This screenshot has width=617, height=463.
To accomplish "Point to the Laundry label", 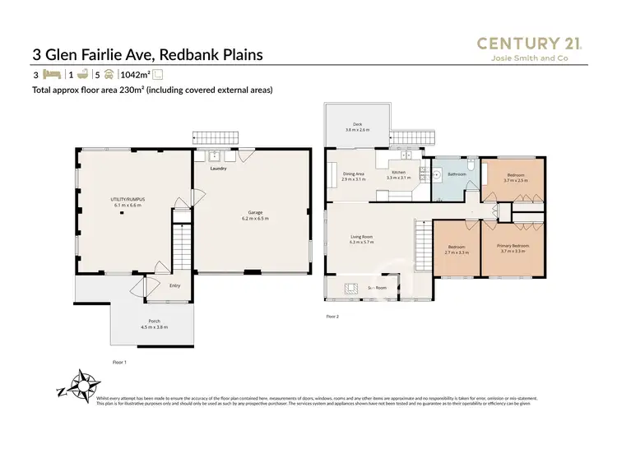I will [x=218, y=169].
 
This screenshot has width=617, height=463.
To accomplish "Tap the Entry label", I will [x=174, y=285].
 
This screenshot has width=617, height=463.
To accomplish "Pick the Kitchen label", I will [x=397, y=173].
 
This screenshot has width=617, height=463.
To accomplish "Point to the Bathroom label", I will [x=457, y=174].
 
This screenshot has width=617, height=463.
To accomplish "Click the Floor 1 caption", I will [x=119, y=362].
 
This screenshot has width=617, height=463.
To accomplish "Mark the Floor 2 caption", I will [x=332, y=316].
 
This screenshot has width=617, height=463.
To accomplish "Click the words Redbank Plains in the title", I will [x=211, y=55].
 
